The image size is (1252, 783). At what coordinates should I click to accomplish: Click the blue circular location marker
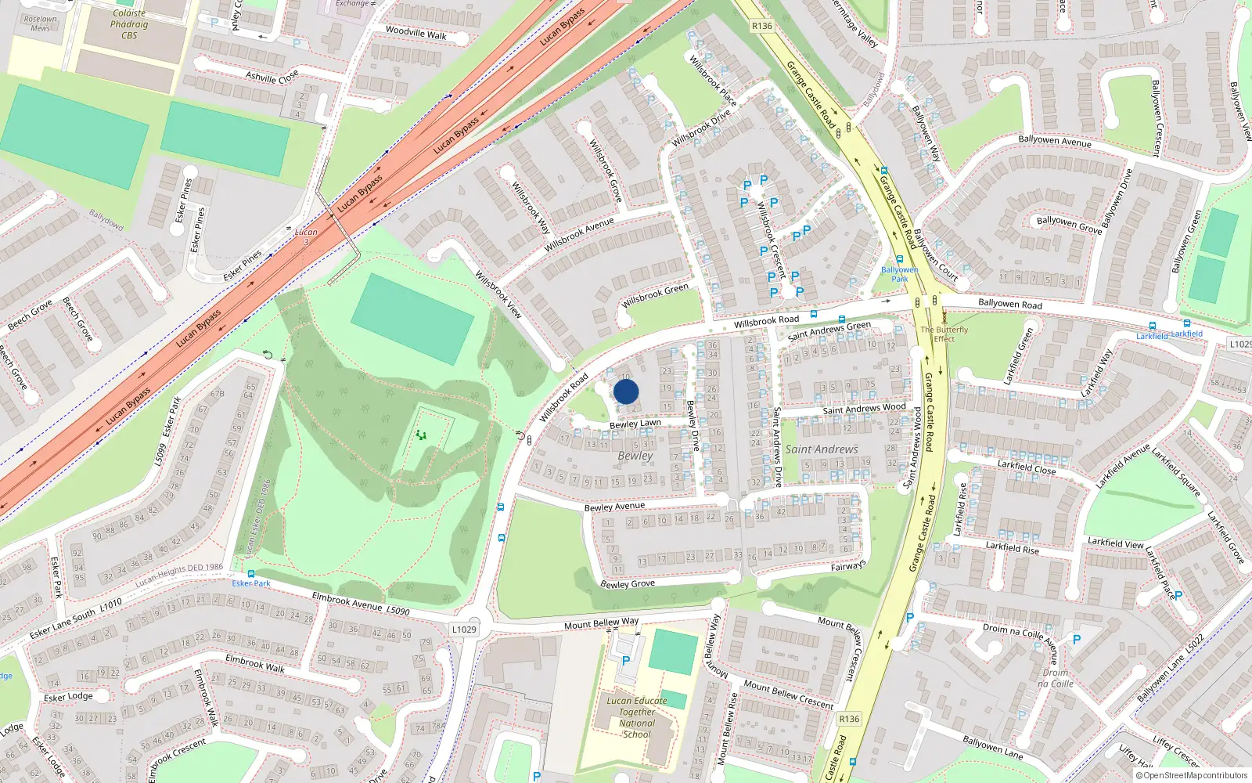coord(626,391)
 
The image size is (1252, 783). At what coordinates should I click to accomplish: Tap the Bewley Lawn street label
coord(635,424)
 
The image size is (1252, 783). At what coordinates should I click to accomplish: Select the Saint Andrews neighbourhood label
coord(821,449)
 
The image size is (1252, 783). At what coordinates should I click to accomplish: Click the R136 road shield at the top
coord(761,26)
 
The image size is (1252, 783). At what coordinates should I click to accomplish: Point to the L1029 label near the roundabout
coord(464,629)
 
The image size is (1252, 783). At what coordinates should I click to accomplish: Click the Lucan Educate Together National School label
coord(637,717)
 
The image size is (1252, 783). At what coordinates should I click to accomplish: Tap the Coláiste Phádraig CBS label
coord(129,24)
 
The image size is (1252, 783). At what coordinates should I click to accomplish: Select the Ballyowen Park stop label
coord(900,274)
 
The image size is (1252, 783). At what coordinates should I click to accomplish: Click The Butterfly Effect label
coord(944,334)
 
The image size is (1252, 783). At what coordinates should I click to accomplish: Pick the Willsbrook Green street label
coord(655,296)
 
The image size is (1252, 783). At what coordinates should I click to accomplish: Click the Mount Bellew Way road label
coord(601,623)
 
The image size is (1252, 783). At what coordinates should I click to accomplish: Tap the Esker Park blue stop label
coord(251,583)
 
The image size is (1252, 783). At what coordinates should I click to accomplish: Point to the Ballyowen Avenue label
coord(1054,141)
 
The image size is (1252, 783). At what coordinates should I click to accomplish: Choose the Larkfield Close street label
coord(1027,467)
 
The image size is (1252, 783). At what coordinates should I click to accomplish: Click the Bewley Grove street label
coord(628,584)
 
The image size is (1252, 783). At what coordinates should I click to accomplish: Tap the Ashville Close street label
coord(272,76)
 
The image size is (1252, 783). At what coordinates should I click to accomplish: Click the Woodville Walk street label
coord(416,33)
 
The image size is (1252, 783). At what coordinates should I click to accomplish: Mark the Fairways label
coord(848,566)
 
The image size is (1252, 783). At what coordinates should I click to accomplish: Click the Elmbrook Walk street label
coord(255,663)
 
